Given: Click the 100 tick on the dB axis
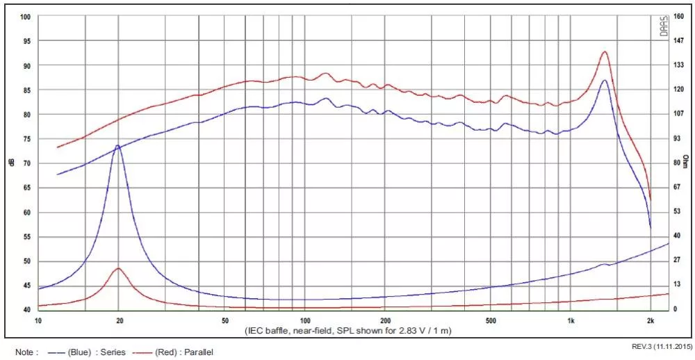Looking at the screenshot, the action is [25, 17].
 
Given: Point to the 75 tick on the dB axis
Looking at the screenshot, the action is [26, 139].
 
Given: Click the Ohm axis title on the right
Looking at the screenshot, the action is [686, 162].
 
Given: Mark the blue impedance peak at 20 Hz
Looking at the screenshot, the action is [118, 145].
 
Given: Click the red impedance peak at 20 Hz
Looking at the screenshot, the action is [118, 268].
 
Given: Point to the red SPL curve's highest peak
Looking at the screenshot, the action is [604, 52].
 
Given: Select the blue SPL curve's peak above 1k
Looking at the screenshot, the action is [604, 80].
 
